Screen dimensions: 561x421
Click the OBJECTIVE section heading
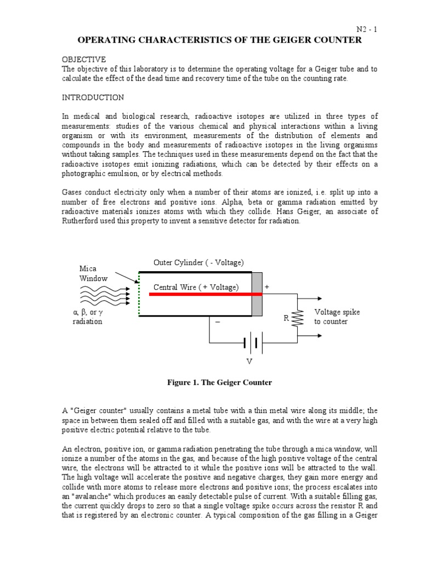(x=83, y=59)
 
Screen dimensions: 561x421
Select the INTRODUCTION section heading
(x=93, y=98)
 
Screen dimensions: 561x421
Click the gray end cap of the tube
(x=257, y=294)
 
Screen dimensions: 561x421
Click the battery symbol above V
(x=253, y=344)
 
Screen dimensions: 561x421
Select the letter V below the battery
(x=250, y=362)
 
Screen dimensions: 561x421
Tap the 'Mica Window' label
(x=93, y=274)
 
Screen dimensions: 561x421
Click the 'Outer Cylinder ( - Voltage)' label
(x=198, y=262)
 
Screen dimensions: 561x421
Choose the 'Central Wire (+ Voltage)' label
(x=196, y=287)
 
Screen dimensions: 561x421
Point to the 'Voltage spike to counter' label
(x=337, y=317)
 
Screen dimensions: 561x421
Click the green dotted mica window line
(x=139, y=294)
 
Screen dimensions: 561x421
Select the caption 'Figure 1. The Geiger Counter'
(x=219, y=382)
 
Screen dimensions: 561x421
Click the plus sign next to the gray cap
(x=267, y=287)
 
